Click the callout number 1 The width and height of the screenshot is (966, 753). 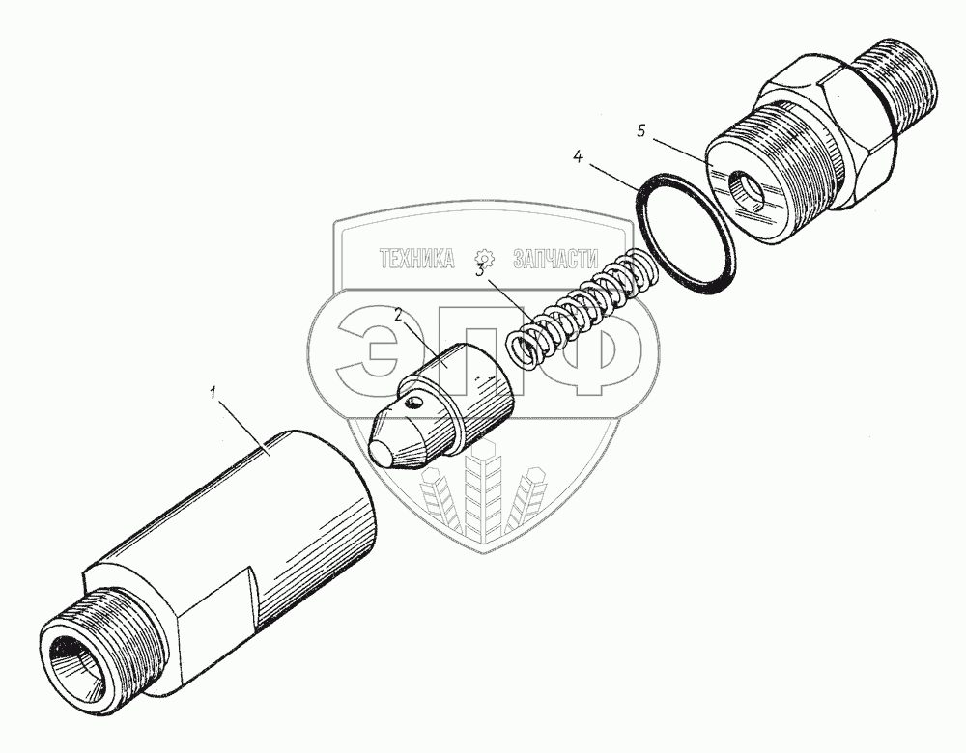(213, 392)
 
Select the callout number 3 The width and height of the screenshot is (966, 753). (480, 270)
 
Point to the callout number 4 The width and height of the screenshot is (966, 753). (578, 156)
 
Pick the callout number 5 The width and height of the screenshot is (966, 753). (641, 131)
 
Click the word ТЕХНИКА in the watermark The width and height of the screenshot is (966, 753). (416, 260)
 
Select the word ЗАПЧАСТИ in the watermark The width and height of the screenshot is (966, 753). (555, 260)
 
